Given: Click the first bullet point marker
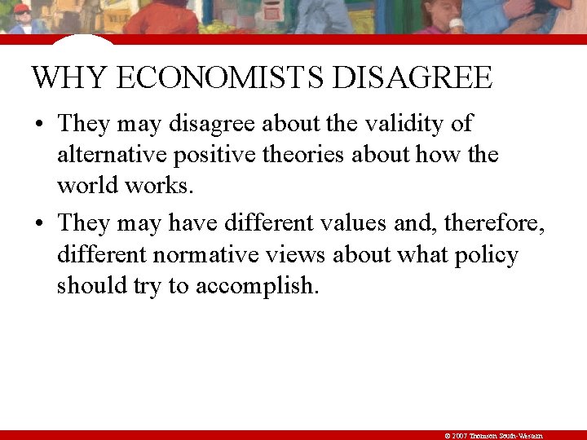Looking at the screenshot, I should pyautogui.click(x=39, y=125).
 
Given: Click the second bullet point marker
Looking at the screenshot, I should pyautogui.click(x=39, y=223).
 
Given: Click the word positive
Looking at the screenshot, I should pyautogui.click(x=214, y=155).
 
